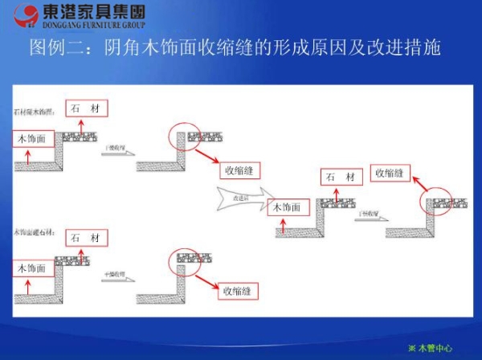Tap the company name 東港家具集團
(95, 11)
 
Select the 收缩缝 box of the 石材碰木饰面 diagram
(240, 170)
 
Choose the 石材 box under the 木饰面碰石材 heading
(85, 239)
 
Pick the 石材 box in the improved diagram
(340, 178)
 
